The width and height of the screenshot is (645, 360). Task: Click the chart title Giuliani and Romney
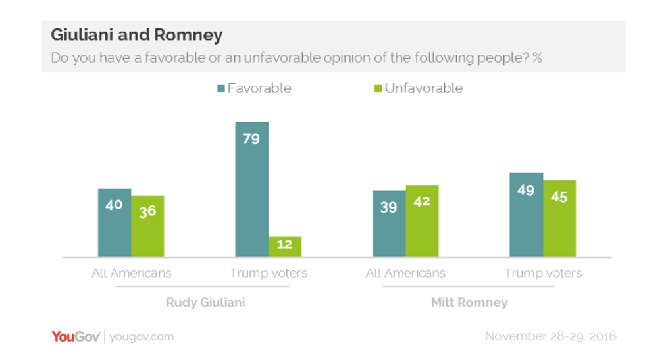136,35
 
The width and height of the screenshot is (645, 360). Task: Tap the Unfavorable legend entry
417,88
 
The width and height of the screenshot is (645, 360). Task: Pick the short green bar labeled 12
284,246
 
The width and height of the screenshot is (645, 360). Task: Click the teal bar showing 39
389,223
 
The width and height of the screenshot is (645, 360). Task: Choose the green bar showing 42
422,220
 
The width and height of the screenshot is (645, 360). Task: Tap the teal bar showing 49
526,215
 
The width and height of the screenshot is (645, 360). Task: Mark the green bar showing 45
559,218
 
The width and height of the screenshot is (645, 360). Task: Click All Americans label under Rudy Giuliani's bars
131,273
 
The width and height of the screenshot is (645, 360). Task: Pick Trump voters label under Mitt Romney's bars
543,273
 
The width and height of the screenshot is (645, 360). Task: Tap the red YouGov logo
76,337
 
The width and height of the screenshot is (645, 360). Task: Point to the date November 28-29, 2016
550,336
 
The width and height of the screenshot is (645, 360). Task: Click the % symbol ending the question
537,57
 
